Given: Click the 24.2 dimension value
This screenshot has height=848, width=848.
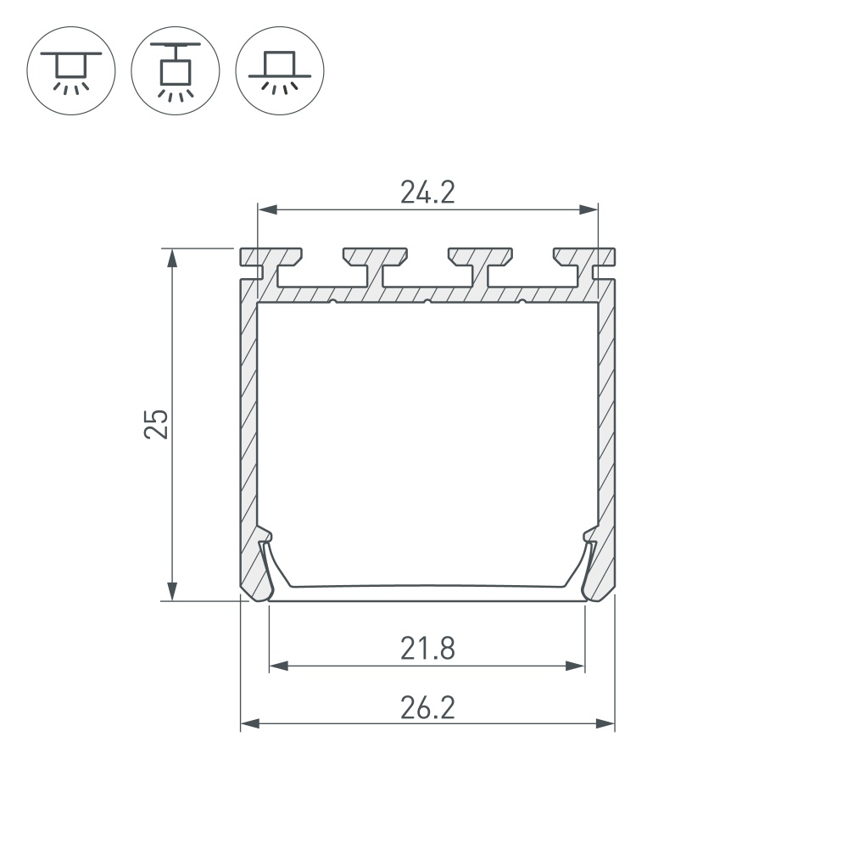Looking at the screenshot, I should [x=427, y=193].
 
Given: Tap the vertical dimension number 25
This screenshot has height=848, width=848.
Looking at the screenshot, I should [x=156, y=423].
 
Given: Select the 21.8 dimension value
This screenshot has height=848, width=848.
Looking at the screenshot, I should [x=427, y=650].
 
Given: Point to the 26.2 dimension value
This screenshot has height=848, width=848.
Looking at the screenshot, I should [x=427, y=707].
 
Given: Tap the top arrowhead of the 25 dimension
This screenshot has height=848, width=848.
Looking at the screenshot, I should [x=173, y=255].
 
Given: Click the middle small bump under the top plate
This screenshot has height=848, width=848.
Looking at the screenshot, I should [x=428, y=300].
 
